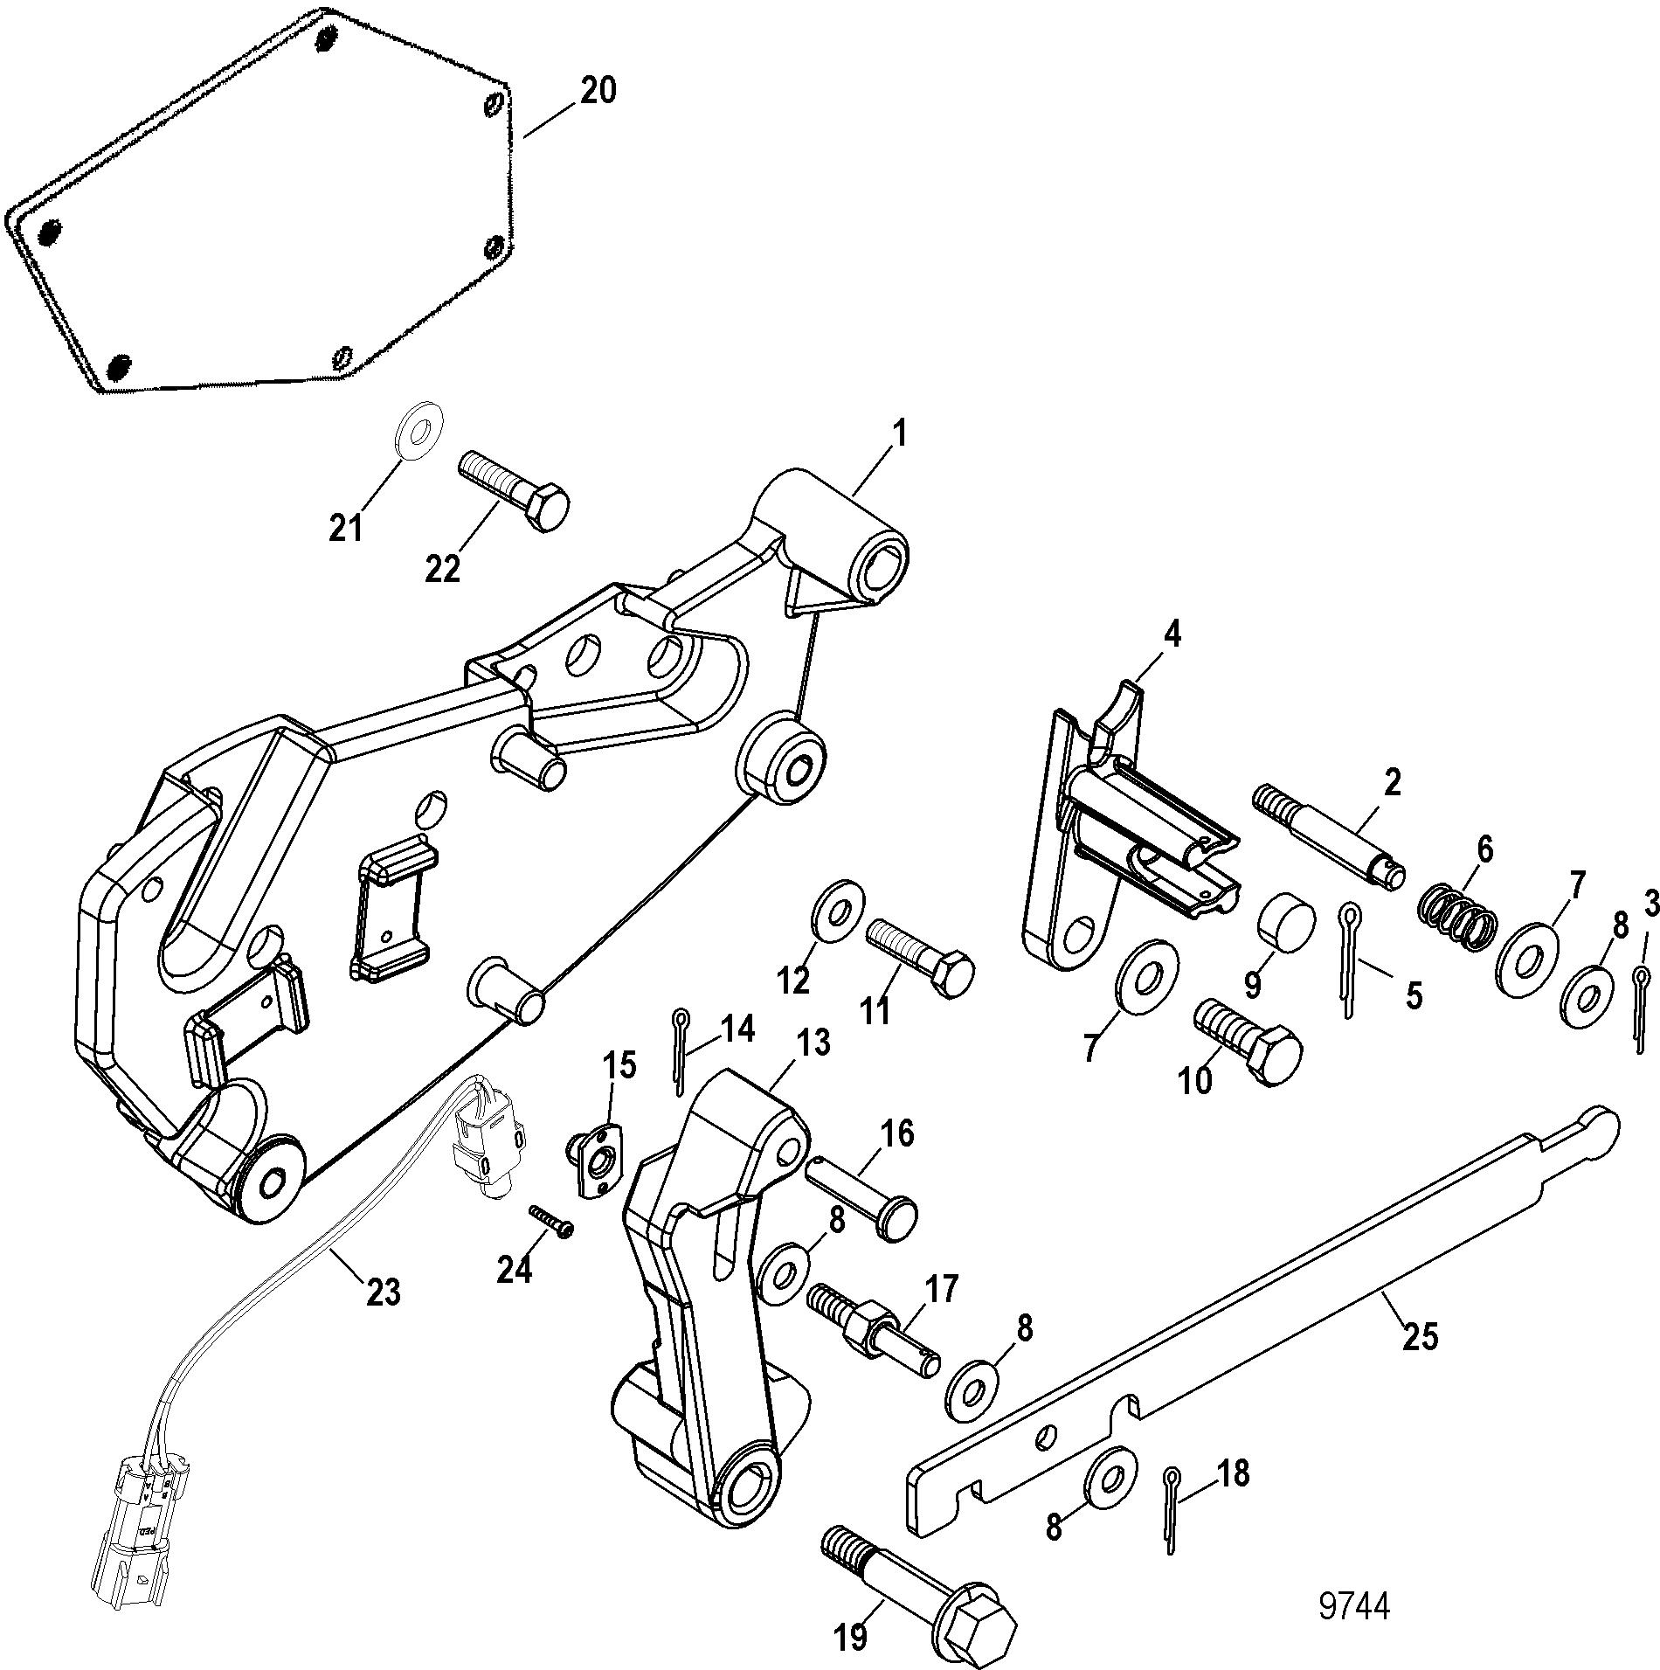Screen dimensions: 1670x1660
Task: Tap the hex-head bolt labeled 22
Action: pos(514,491)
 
